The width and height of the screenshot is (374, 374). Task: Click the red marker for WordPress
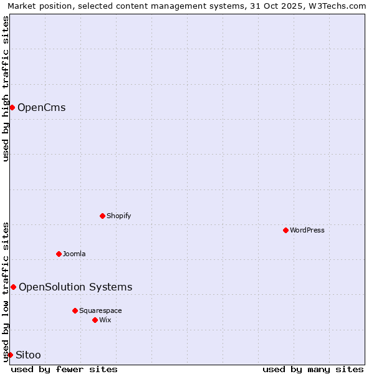pyautogui.click(x=285, y=230)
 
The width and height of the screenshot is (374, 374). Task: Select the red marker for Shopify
pyautogui.click(x=102, y=216)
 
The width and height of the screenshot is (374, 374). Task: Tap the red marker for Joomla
pyautogui.click(x=59, y=254)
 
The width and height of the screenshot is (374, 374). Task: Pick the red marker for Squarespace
pyautogui.click(x=75, y=310)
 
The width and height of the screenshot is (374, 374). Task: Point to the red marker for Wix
pyautogui.click(x=95, y=320)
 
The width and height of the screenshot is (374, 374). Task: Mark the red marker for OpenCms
pyautogui.click(x=12, y=107)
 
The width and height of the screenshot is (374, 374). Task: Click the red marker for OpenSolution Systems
pyautogui.click(x=13, y=287)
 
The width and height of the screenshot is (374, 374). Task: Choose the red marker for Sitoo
pyautogui.click(x=10, y=355)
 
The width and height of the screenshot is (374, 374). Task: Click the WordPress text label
pyautogui.click(x=307, y=231)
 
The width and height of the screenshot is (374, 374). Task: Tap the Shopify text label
pyautogui.click(x=119, y=216)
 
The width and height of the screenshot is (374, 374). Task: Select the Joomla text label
pyautogui.click(x=74, y=254)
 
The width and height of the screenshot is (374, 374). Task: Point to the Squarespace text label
pyautogui.click(x=100, y=311)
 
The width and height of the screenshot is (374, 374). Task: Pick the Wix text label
pyautogui.click(x=105, y=320)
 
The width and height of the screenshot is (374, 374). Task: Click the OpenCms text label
pyautogui.click(x=42, y=108)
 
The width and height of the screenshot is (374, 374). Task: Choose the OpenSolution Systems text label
pyautogui.click(x=75, y=287)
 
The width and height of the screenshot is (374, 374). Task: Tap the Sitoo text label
pyautogui.click(x=28, y=355)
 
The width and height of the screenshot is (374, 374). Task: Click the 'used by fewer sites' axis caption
pyautogui.click(x=64, y=369)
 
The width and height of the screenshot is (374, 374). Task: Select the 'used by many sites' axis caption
pyautogui.click(x=313, y=369)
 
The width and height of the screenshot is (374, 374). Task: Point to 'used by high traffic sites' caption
pyautogui.click(x=6, y=89)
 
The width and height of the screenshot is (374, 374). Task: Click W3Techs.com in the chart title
pyautogui.click(x=340, y=6)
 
